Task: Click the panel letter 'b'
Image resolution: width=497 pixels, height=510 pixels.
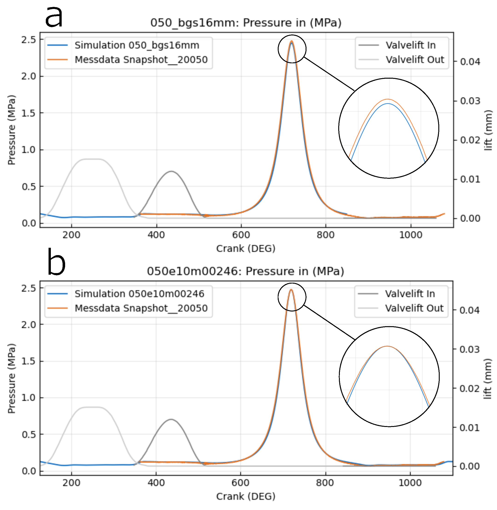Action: click(x=56, y=262)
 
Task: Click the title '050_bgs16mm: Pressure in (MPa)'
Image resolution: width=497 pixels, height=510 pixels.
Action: click(x=246, y=23)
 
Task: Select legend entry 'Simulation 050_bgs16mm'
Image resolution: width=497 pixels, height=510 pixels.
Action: click(x=137, y=45)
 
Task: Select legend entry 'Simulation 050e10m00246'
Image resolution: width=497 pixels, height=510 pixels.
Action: click(x=139, y=294)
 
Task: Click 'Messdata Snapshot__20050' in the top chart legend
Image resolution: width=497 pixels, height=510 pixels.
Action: click(x=141, y=60)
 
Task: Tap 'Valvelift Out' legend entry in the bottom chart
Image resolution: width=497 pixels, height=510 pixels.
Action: click(x=414, y=308)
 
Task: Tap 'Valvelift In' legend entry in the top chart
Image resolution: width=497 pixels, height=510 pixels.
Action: click(x=410, y=45)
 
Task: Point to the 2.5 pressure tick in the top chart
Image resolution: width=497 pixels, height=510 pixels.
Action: click(x=29, y=40)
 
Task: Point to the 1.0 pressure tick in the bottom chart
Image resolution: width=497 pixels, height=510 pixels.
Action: click(x=29, y=398)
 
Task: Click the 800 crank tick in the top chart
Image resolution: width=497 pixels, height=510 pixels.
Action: click(x=326, y=235)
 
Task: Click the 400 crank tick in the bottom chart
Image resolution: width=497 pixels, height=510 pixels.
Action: click(x=156, y=483)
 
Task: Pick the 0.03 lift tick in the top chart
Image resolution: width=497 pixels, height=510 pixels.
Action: click(x=470, y=101)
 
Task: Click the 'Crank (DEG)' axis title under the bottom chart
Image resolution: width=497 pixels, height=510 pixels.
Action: click(x=246, y=496)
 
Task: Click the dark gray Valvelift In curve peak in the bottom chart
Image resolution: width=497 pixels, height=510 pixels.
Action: click(x=171, y=420)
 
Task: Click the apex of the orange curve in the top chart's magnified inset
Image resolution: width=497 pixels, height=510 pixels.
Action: click(x=388, y=99)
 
